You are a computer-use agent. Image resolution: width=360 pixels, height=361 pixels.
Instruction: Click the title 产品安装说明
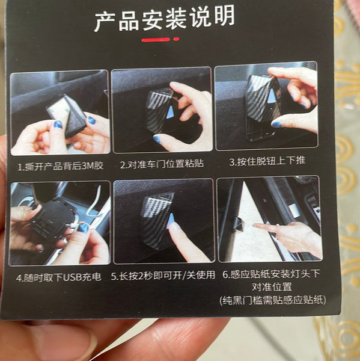point(165,19)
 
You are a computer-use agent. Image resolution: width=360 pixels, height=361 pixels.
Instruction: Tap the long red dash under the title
point(156,40)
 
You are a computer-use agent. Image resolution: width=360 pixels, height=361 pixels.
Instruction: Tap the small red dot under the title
point(176,39)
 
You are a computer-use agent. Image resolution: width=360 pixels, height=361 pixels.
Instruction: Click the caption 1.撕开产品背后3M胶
point(61,166)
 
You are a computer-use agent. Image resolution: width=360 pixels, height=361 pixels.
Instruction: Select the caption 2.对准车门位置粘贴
point(162,164)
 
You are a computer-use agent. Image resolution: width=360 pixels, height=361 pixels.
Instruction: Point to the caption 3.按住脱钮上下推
point(267,161)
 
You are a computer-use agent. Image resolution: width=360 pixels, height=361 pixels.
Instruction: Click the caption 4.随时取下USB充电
point(59,277)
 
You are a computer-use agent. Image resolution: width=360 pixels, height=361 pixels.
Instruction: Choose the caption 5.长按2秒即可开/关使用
point(163,276)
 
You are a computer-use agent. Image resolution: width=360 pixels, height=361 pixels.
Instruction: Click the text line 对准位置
point(272,287)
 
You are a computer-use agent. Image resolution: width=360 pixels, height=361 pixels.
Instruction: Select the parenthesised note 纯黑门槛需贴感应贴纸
point(273,300)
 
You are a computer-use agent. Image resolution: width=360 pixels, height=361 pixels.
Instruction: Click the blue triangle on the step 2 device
point(170,112)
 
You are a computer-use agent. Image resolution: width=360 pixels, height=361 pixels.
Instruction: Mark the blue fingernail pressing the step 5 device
point(171,220)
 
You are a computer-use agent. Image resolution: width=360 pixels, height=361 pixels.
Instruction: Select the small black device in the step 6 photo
point(239,224)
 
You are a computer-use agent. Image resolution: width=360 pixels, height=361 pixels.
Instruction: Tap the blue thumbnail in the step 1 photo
point(58,125)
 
